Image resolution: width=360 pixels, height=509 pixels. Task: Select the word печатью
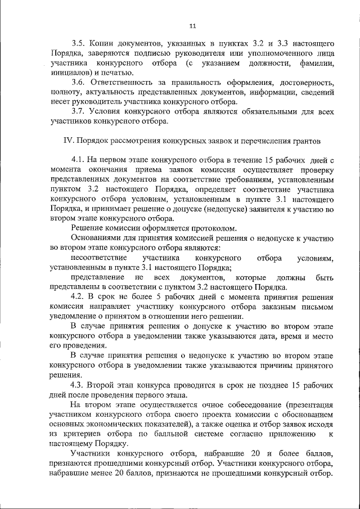115,73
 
